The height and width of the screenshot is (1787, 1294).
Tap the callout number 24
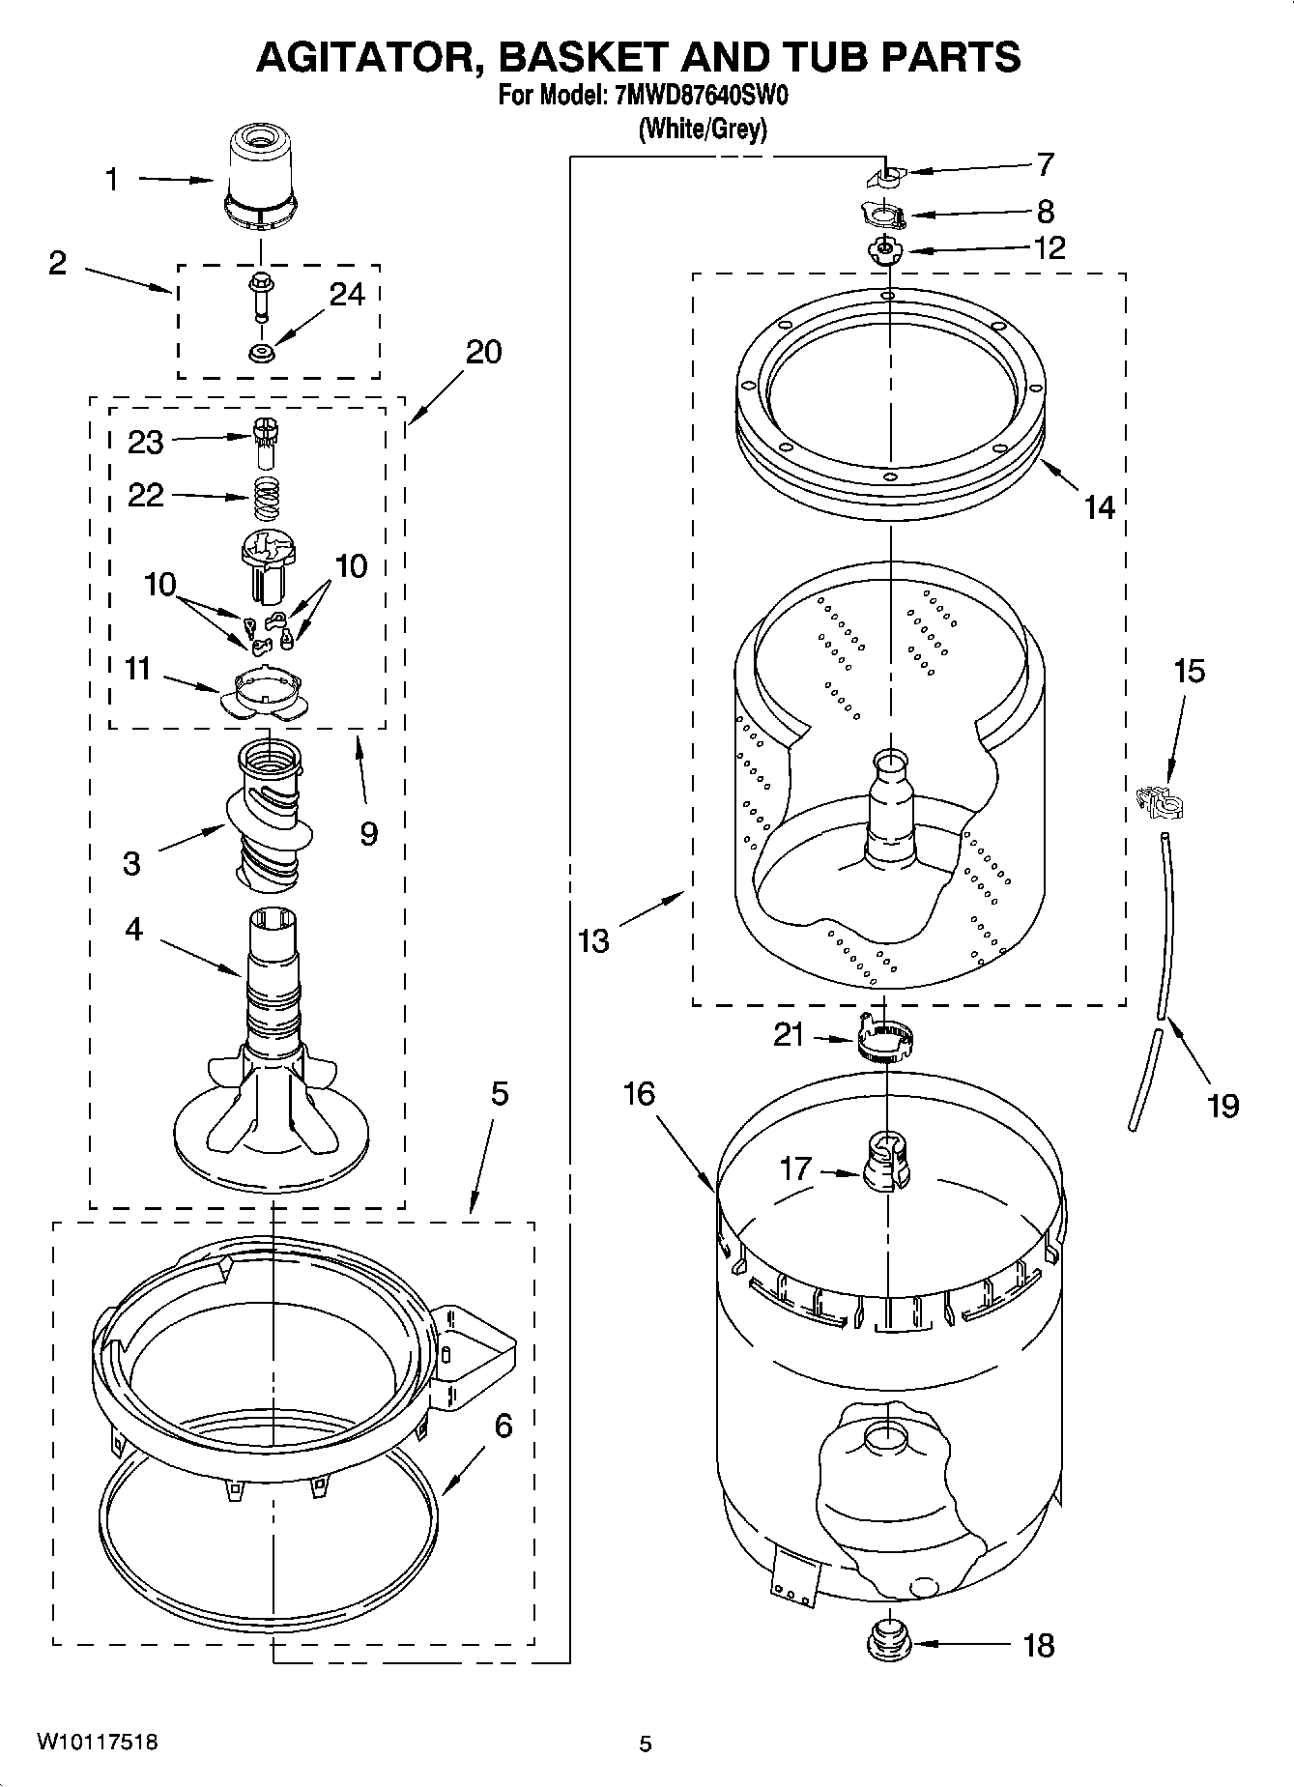tap(347, 294)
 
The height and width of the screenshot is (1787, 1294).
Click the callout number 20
tap(483, 353)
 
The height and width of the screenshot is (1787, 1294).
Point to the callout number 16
tap(639, 1094)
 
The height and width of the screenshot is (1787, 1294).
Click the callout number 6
tap(503, 1426)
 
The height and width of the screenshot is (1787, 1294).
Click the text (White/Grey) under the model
tap(702, 129)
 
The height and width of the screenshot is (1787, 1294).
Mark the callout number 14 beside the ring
tap(1099, 507)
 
